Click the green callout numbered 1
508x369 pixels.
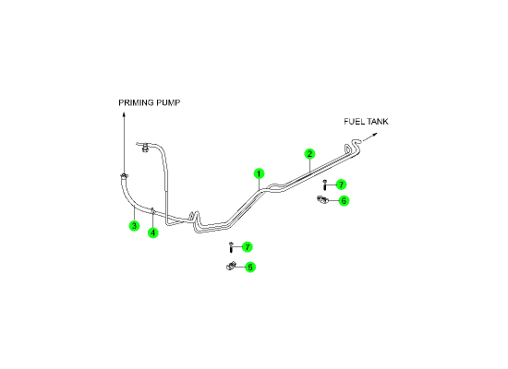259,173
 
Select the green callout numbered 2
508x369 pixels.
309,154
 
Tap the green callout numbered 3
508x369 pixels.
134,226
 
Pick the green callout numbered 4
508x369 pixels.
153,232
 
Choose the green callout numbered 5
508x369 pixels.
249,267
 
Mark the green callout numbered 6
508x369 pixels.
344,201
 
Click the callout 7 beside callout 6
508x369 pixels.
341,184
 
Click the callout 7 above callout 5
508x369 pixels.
248,247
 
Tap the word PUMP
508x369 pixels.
168,102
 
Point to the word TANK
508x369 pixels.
377,122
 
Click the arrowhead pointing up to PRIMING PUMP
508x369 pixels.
124,114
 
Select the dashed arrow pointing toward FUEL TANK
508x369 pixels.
369,137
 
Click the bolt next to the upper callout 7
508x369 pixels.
324,185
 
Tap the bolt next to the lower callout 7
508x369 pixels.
231,247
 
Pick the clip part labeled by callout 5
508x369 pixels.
231,267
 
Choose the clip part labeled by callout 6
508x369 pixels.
322,200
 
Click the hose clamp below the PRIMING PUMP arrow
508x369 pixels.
124,176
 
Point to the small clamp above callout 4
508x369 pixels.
152,210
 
